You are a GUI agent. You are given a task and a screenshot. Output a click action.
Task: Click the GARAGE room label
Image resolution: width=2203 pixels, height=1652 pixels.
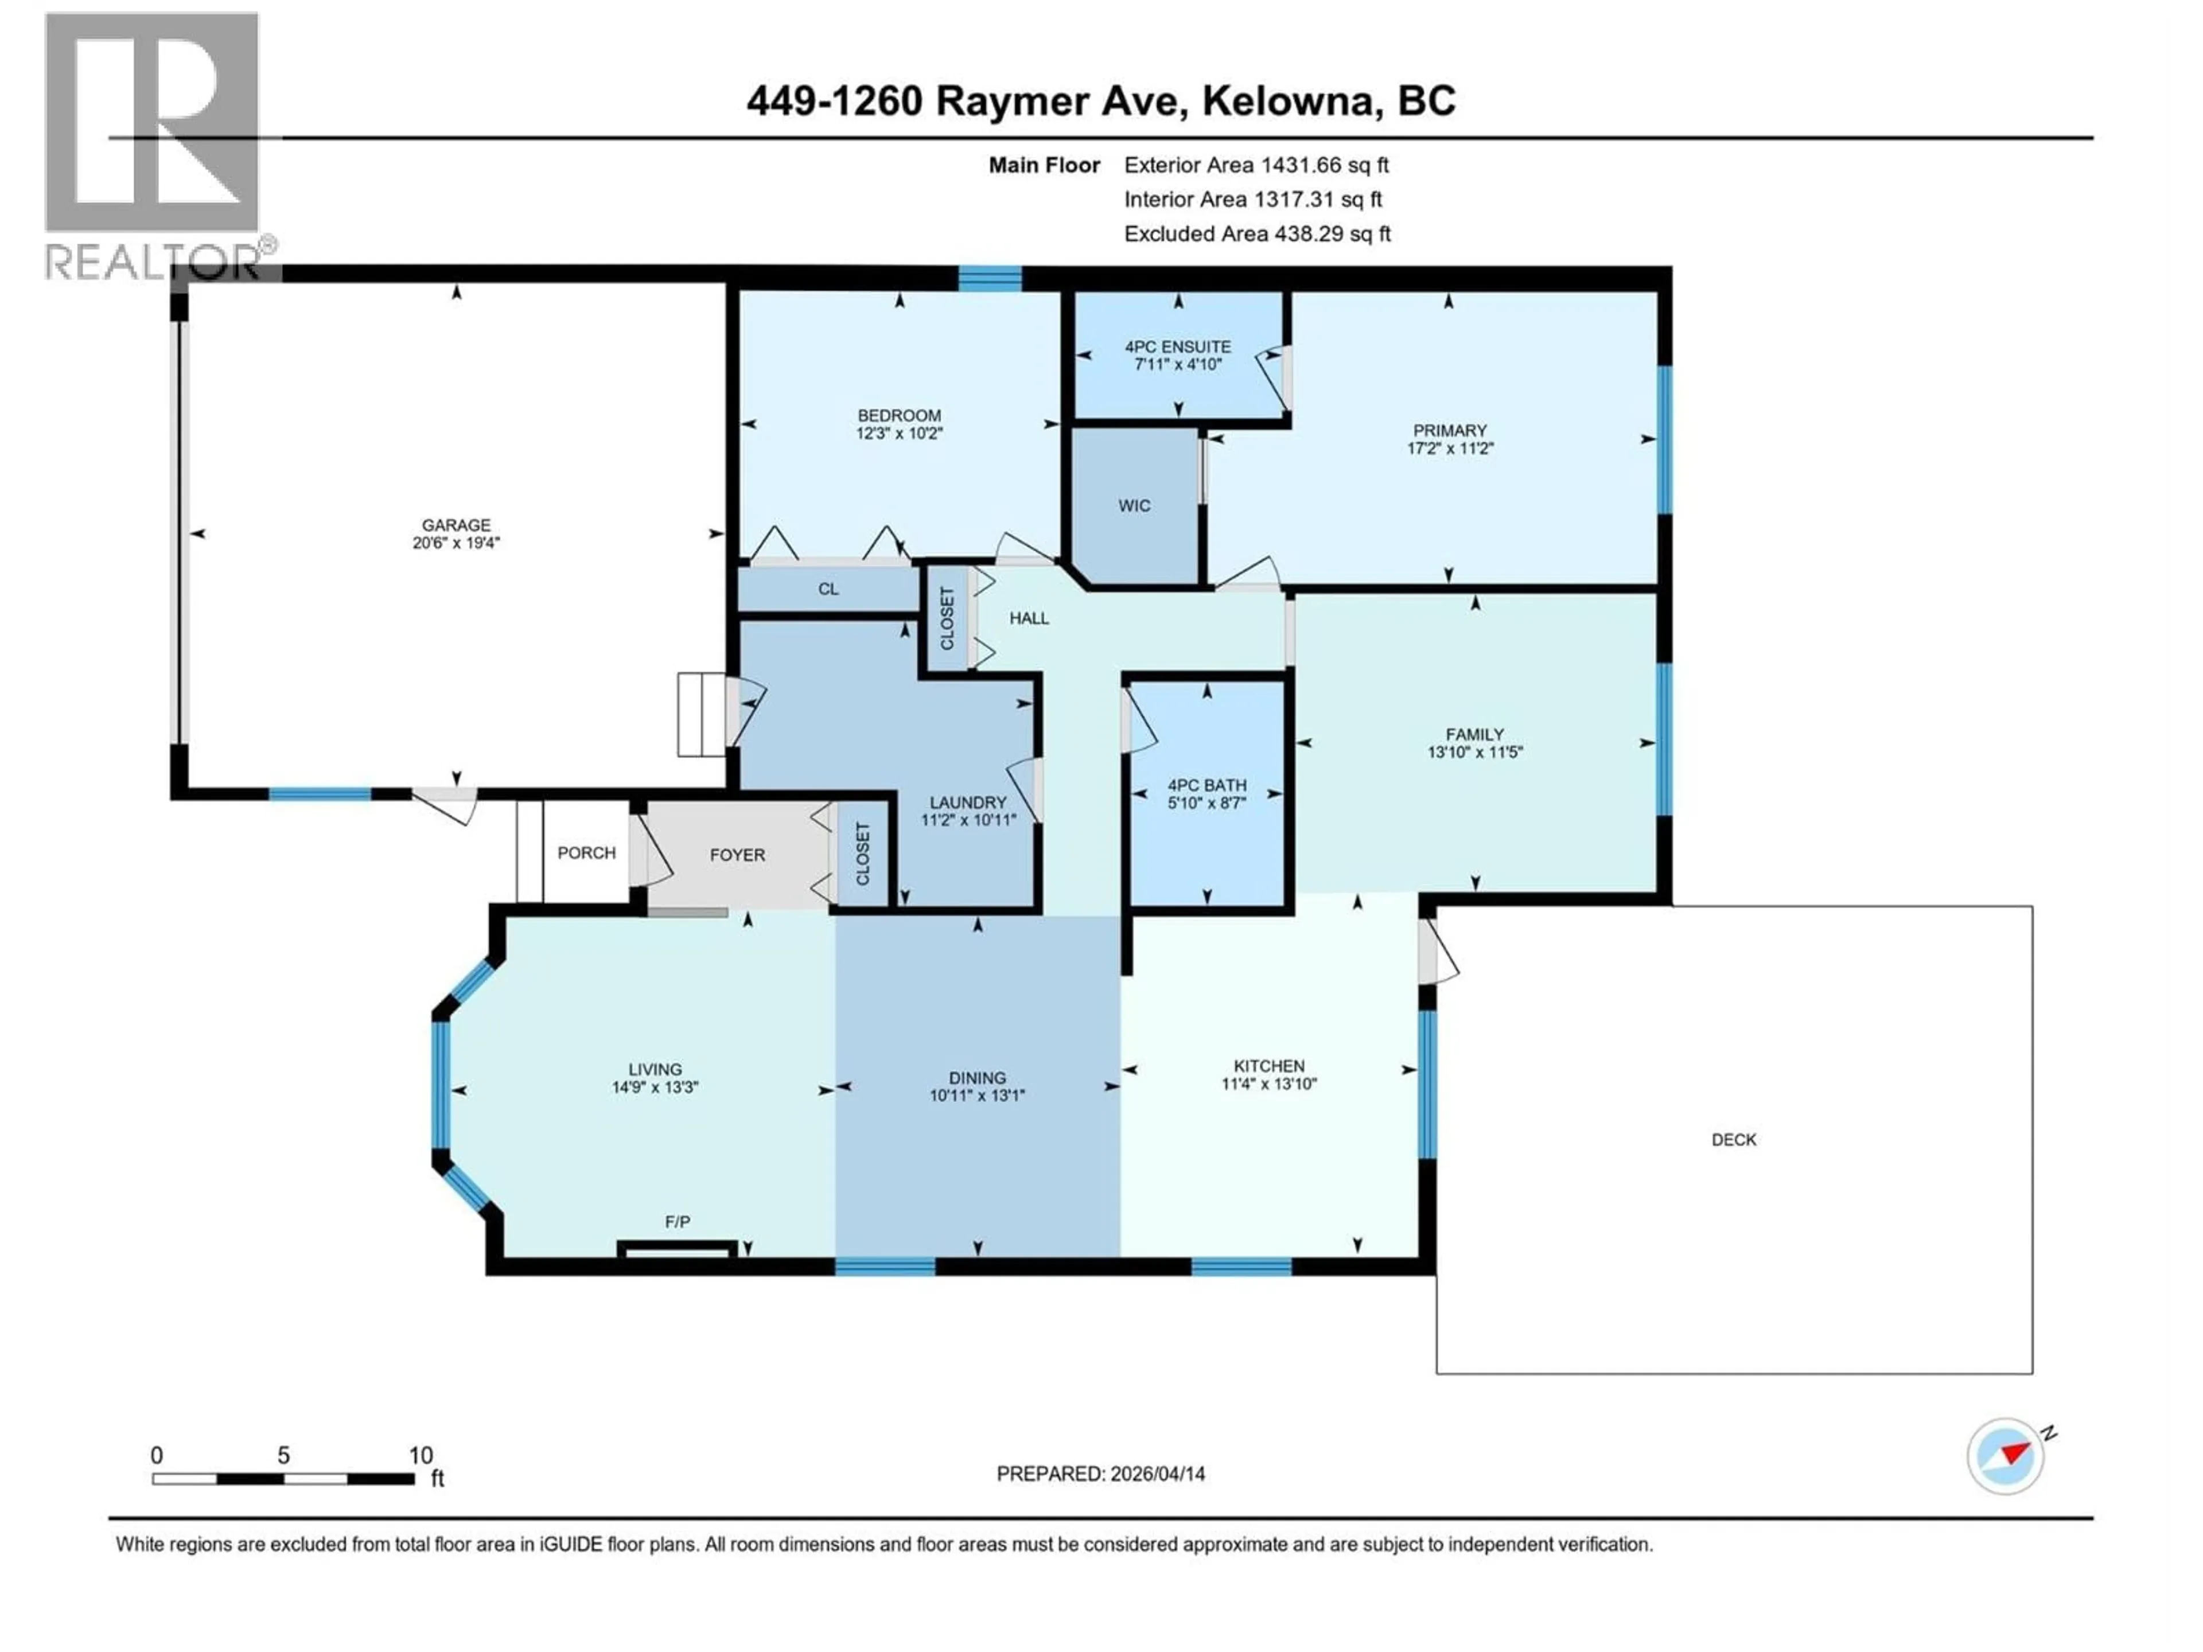456,525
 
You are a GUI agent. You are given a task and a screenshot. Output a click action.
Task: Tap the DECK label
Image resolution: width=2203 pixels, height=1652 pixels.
1733,1139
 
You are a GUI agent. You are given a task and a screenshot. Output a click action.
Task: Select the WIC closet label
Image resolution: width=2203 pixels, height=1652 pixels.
1134,506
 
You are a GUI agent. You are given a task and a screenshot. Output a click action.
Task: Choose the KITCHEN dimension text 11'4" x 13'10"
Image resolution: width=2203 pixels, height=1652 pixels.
1269,1084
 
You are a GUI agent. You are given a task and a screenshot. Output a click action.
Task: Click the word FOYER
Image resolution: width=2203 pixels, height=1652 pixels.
737,854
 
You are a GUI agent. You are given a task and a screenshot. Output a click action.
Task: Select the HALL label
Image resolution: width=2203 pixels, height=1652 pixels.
1029,618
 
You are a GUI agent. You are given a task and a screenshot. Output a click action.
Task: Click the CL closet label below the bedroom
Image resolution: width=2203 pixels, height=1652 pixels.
828,589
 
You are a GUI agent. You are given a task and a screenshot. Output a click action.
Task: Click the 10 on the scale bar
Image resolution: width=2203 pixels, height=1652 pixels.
421,1455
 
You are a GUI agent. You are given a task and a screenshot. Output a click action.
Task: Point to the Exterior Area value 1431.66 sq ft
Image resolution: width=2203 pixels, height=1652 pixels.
1325,165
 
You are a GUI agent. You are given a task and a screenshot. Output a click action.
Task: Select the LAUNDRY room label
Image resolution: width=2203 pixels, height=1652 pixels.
967,802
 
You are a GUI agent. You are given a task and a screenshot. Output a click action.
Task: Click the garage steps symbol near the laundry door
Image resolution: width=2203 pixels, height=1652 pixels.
701,715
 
